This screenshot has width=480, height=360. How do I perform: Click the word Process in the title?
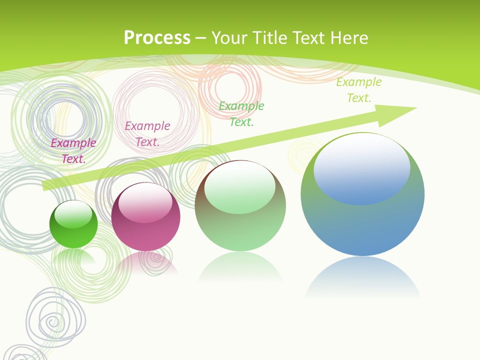(x=157, y=38)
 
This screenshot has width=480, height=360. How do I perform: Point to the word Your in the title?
(x=230, y=38)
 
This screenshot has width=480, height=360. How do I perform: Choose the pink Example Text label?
(x=147, y=134)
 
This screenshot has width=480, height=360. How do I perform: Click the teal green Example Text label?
(x=241, y=113)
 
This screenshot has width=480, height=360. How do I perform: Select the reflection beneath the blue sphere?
(x=362, y=277)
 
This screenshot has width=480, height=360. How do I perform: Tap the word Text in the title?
(x=308, y=38)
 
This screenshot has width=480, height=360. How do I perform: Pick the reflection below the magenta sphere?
(x=145, y=262)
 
